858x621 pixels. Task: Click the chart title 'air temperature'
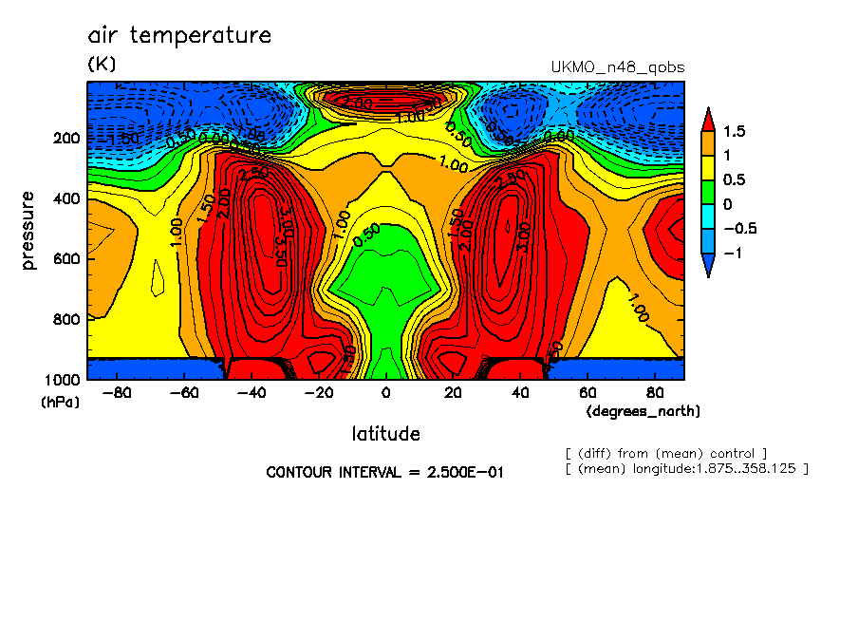click(x=179, y=36)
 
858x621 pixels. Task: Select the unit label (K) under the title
click(x=102, y=65)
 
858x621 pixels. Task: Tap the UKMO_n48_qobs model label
click(x=617, y=67)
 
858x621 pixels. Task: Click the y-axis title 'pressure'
click(x=28, y=230)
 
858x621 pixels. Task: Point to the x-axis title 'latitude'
click(x=385, y=434)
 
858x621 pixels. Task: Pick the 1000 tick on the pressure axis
click(x=63, y=380)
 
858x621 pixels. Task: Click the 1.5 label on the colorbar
click(x=734, y=131)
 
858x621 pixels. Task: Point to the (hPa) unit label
click(x=60, y=403)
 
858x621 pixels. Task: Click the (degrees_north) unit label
click(x=643, y=411)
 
